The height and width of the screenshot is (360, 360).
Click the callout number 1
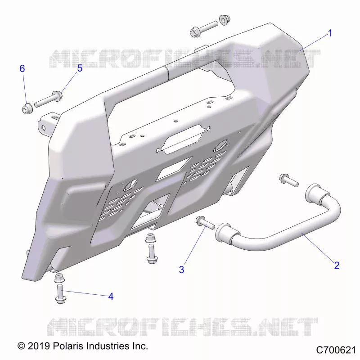pos(330,33)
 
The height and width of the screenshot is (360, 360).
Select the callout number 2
pos(337,265)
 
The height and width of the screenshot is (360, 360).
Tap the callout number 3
pos(181,270)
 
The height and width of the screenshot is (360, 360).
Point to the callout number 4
pos(111,297)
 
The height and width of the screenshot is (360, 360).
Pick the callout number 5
pos(80,68)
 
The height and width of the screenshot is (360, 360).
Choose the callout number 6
pos(22,68)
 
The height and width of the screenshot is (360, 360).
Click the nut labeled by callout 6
pos(27,108)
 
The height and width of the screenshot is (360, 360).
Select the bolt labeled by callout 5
pos(49,99)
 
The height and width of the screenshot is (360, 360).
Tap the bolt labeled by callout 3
pos(205,222)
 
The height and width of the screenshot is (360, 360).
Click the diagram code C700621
pos(336,351)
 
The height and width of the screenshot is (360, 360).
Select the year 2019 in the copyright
pos(39,346)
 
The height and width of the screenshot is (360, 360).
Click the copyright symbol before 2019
pos(21,346)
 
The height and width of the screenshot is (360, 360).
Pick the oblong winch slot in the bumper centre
pos(183,139)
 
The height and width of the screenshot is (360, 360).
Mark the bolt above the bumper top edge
pos(204,29)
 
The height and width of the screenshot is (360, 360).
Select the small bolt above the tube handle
pos(289,180)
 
